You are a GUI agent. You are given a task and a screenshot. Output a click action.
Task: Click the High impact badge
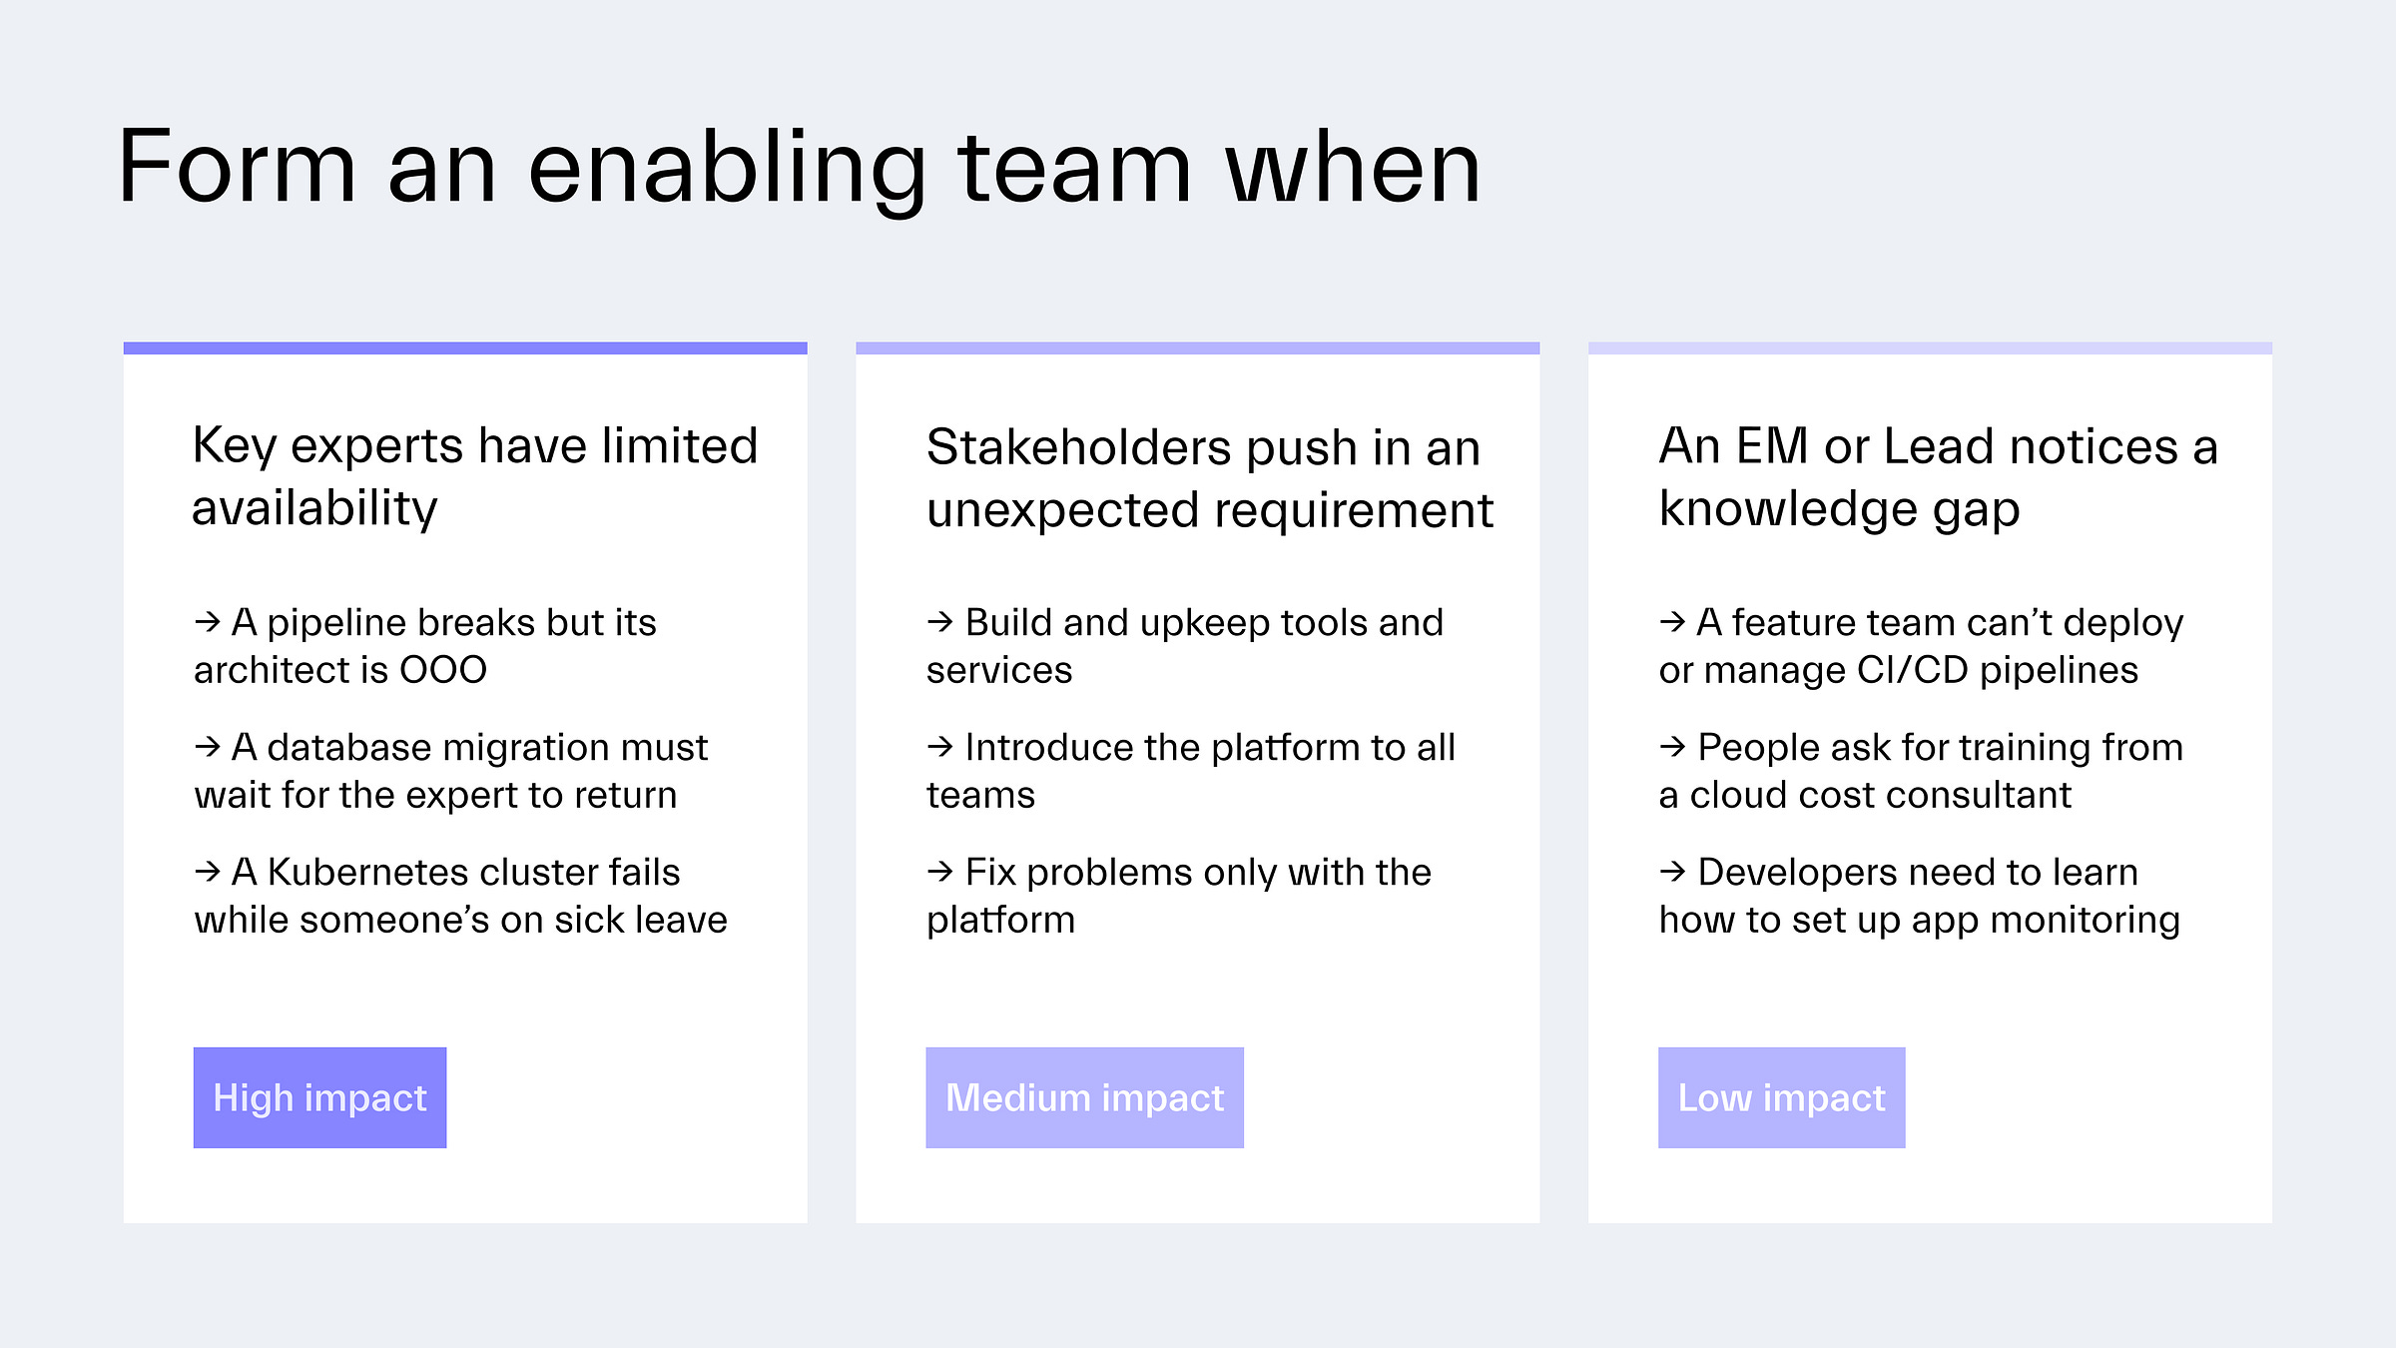click(x=319, y=1097)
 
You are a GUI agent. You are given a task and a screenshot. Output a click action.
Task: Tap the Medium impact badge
click(x=1084, y=1097)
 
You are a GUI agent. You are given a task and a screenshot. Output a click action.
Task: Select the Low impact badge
click(x=1781, y=1097)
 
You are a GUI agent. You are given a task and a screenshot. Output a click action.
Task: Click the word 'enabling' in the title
click(x=727, y=170)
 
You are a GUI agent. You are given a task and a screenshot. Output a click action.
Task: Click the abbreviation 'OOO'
click(x=443, y=670)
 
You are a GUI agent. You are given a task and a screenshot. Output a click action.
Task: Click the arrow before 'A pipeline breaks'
click(x=208, y=622)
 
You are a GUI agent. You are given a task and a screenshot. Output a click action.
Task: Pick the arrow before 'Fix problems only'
click(x=940, y=872)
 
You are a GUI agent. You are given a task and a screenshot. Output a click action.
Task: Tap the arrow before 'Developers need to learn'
click(x=1672, y=872)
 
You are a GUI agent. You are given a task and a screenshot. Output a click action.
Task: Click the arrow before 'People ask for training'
click(x=1672, y=746)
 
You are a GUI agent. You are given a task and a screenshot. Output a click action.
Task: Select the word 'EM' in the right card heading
click(x=1772, y=446)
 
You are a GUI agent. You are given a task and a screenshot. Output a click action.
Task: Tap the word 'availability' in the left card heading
click(x=314, y=509)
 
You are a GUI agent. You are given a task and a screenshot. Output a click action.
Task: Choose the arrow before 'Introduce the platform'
click(x=940, y=746)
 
